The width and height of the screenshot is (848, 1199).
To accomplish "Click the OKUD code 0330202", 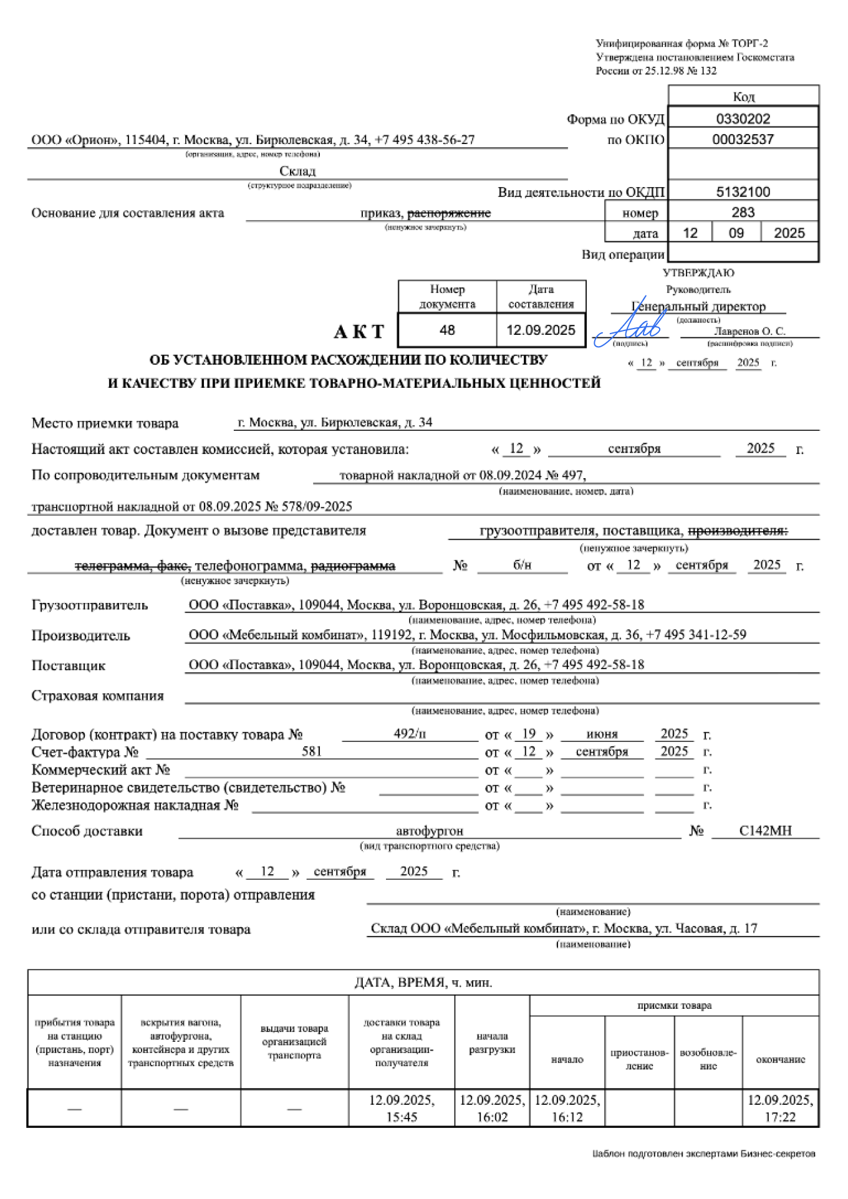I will [x=743, y=118].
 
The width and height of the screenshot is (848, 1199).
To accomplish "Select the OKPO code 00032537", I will [x=743, y=139].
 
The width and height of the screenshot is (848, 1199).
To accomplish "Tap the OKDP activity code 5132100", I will [x=743, y=191].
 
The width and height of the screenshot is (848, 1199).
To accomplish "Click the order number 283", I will [x=743, y=212].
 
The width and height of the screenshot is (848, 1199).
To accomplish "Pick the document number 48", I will [x=447, y=330].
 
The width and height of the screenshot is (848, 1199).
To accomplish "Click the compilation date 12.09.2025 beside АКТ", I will [x=541, y=330].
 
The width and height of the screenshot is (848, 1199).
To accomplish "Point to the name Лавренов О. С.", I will [x=749, y=331].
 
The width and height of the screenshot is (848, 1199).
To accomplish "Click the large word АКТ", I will [x=359, y=332].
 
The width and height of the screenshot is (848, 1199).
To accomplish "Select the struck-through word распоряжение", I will [x=449, y=213].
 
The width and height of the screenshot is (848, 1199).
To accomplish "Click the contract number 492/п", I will [x=410, y=733].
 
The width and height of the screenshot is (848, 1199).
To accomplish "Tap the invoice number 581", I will [x=312, y=751].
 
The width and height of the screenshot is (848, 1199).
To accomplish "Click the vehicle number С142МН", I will [x=765, y=831].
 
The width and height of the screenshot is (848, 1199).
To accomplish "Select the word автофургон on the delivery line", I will [x=430, y=831].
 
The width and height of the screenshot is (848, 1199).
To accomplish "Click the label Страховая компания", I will [x=98, y=696].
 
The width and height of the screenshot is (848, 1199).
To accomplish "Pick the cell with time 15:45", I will [x=402, y=1108].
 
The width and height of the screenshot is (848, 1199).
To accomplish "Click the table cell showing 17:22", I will [x=780, y=1108].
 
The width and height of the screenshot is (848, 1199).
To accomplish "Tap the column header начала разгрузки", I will [x=492, y=1043].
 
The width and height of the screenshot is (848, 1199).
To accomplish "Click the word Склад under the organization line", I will [x=297, y=171].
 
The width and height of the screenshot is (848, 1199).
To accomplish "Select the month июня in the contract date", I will [x=602, y=734].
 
